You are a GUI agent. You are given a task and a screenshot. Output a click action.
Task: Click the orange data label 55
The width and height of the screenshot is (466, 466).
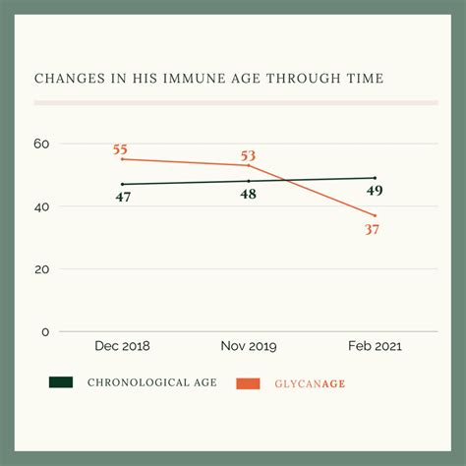(120, 149)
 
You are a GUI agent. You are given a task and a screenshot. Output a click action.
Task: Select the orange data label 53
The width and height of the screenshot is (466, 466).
(248, 155)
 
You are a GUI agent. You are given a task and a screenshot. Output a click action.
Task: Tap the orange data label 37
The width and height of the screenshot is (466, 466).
(372, 229)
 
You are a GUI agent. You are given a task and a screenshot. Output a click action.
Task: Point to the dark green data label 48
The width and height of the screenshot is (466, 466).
(248, 195)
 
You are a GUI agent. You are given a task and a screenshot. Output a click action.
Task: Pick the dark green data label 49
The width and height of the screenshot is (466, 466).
(375, 191)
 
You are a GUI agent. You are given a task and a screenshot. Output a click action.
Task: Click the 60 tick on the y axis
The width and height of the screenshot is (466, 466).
(41, 144)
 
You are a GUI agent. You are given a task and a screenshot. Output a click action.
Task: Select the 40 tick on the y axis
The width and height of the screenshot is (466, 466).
(41, 206)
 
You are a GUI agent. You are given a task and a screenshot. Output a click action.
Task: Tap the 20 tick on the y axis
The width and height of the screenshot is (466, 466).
(41, 268)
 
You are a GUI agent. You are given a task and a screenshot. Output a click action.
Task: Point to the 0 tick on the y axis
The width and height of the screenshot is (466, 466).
(44, 331)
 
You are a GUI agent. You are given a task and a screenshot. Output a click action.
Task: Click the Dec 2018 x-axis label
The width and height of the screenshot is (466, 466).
(122, 347)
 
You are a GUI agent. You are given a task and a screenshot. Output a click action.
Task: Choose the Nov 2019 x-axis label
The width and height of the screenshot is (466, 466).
(248, 347)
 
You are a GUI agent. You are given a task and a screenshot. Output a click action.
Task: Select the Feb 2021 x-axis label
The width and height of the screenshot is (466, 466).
(375, 347)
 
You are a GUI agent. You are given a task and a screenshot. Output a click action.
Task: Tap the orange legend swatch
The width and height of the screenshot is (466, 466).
(248, 382)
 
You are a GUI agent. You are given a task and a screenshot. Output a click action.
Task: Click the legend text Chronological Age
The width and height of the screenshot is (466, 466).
(149, 382)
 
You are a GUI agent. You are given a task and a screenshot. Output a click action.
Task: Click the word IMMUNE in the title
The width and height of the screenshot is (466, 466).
(185, 78)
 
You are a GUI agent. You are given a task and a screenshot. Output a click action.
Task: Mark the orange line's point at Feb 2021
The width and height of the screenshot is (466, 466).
(375, 215)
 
